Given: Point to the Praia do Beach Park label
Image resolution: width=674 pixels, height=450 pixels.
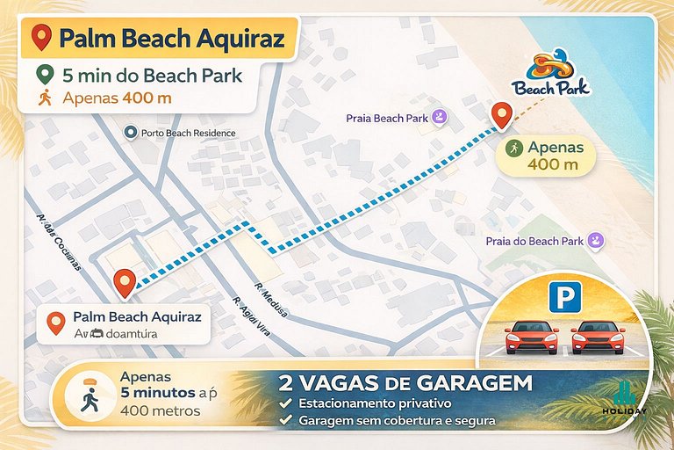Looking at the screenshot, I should click(535, 241).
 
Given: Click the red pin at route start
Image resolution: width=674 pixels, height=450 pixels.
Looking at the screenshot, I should click(125, 281).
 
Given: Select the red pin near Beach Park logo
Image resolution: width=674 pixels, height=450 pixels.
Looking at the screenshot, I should click(502, 116).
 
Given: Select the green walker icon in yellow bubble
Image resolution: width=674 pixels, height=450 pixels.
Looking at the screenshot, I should click(513, 147).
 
